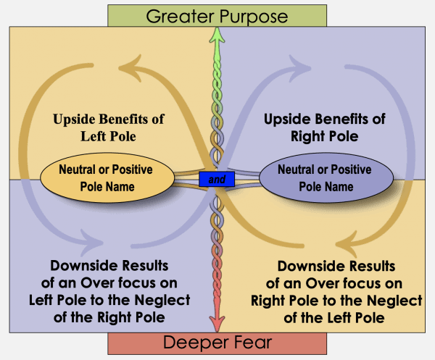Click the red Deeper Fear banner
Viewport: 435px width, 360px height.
(x=215, y=344)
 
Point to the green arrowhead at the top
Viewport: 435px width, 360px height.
(x=215, y=35)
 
